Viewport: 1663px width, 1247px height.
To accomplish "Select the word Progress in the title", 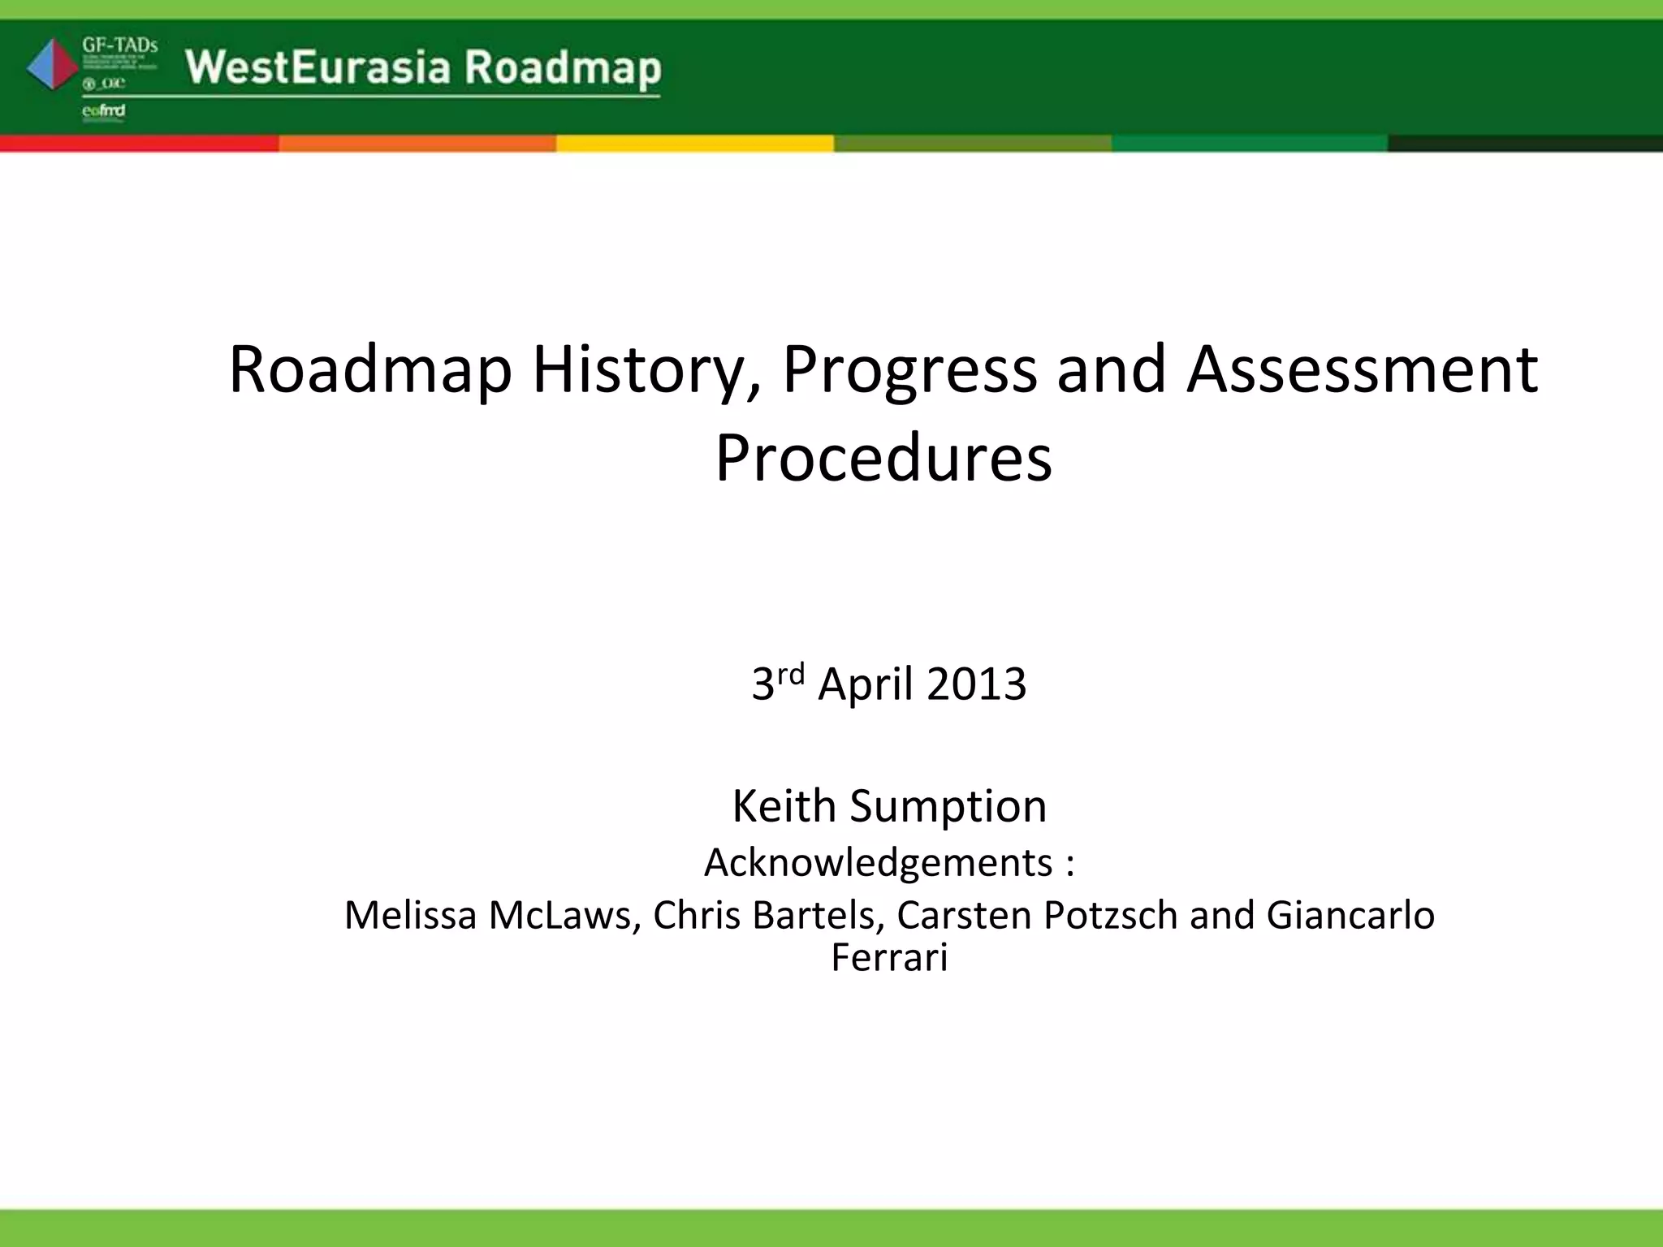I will [x=909, y=371].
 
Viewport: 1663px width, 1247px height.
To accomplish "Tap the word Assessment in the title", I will [x=1362, y=369].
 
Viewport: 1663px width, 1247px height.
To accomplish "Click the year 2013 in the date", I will [x=976, y=684].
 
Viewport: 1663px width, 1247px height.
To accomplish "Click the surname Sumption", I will [x=948, y=806].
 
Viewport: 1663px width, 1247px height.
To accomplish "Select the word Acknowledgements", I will [x=878, y=862].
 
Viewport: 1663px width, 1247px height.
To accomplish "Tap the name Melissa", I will [x=410, y=915].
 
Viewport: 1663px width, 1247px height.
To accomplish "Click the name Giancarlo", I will [x=1350, y=915].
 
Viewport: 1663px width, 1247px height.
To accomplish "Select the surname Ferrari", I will [x=889, y=956].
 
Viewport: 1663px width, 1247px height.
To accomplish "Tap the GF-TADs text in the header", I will [x=119, y=45].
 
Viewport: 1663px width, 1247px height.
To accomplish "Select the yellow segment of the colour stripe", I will [x=694, y=144].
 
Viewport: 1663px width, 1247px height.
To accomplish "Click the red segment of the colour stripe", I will [x=139, y=144].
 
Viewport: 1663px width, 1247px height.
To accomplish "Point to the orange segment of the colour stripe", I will [x=417, y=144].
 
